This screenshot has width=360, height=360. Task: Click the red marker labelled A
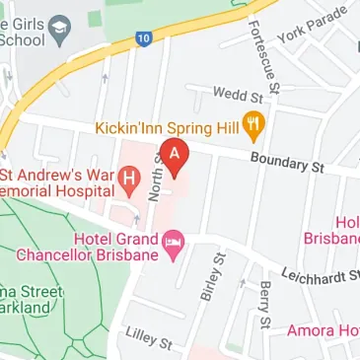pyautogui.click(x=176, y=157)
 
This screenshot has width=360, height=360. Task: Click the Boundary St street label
pyautogui.click(x=286, y=163)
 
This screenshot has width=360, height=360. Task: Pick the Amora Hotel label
pyautogui.click(x=324, y=330)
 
